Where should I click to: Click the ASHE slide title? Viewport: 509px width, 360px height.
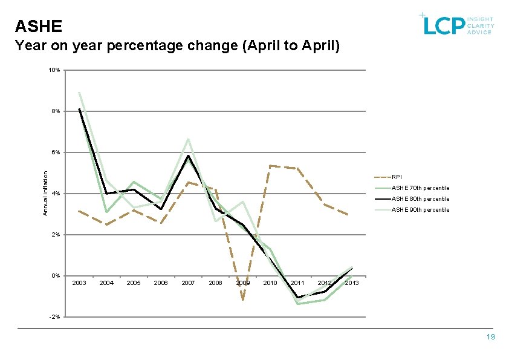(x=39, y=26)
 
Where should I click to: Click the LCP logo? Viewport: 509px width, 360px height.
(x=458, y=24)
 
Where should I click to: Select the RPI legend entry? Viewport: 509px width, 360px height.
(x=396, y=177)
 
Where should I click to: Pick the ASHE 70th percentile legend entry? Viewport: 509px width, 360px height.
(x=420, y=188)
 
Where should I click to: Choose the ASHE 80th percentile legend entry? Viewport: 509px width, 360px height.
(x=420, y=199)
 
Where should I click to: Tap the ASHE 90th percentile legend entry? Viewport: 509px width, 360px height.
(x=420, y=210)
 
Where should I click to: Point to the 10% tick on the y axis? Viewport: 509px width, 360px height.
(x=54, y=70)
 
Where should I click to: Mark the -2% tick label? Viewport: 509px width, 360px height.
(x=55, y=317)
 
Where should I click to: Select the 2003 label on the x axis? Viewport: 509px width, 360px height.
(x=79, y=283)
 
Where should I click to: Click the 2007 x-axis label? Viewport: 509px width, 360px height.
(x=188, y=283)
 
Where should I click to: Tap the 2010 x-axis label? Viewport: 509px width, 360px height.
(x=270, y=283)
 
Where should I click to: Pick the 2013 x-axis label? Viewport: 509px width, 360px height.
(x=352, y=283)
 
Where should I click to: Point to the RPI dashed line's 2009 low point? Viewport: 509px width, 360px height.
(x=242, y=299)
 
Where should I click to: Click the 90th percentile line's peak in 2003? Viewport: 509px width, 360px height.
(x=79, y=92)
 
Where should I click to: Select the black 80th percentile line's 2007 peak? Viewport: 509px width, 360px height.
(x=189, y=155)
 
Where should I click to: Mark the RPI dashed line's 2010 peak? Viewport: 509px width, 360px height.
(x=270, y=165)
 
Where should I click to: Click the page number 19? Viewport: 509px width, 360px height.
(x=490, y=337)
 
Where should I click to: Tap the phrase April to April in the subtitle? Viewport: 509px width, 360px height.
(x=290, y=46)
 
